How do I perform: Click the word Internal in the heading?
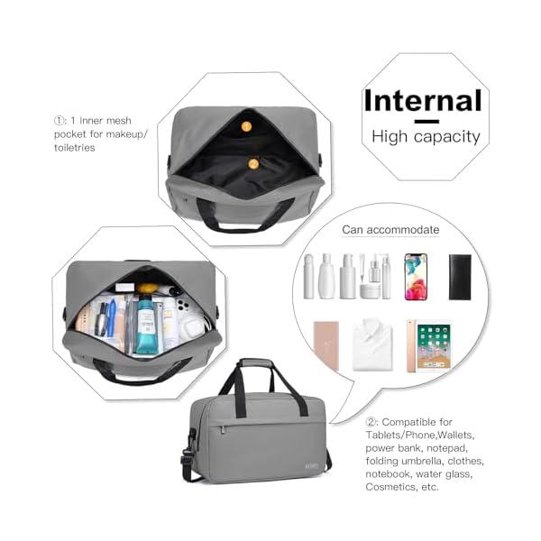point(422,100)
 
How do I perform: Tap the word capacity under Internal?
point(447,137)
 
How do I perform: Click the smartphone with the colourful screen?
point(416,276)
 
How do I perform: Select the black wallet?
point(461,276)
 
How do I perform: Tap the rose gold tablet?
point(432,345)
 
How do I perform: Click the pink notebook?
point(326,345)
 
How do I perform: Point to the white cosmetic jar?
point(369,290)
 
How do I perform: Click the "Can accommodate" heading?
point(390,230)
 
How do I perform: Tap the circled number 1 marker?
point(60,119)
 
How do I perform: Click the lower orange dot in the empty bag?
point(253,164)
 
